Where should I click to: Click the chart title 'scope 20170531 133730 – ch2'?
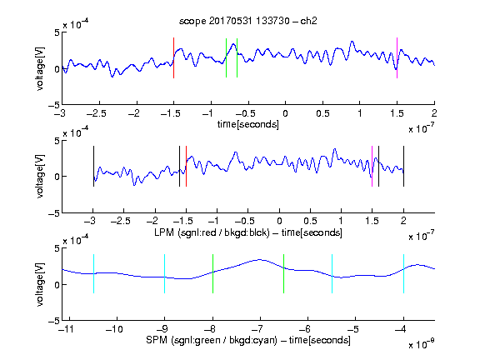click(x=247, y=21)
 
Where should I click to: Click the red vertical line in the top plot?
click(x=173, y=57)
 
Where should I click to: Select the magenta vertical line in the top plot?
click(x=397, y=57)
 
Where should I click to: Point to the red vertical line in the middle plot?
click(x=186, y=166)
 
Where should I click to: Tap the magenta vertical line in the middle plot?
click(x=372, y=166)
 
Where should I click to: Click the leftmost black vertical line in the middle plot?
click(x=93, y=166)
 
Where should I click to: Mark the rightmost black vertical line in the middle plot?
click(x=403, y=166)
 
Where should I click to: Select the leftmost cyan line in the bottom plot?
click(x=93, y=273)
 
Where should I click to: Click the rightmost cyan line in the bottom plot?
click(x=403, y=273)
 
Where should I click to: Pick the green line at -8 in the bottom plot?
click(x=212, y=273)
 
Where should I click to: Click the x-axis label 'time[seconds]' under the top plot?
click(x=248, y=124)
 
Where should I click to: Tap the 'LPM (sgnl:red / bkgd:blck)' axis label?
click(x=212, y=232)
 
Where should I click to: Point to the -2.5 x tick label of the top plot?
click(x=96, y=113)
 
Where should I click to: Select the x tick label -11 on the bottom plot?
click(x=67, y=329)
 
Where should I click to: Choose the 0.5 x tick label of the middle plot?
click(x=310, y=221)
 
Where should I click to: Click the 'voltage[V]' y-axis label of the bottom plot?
click(x=40, y=284)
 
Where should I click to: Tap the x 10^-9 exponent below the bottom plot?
click(x=422, y=344)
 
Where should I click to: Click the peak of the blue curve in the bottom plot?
click(x=260, y=260)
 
